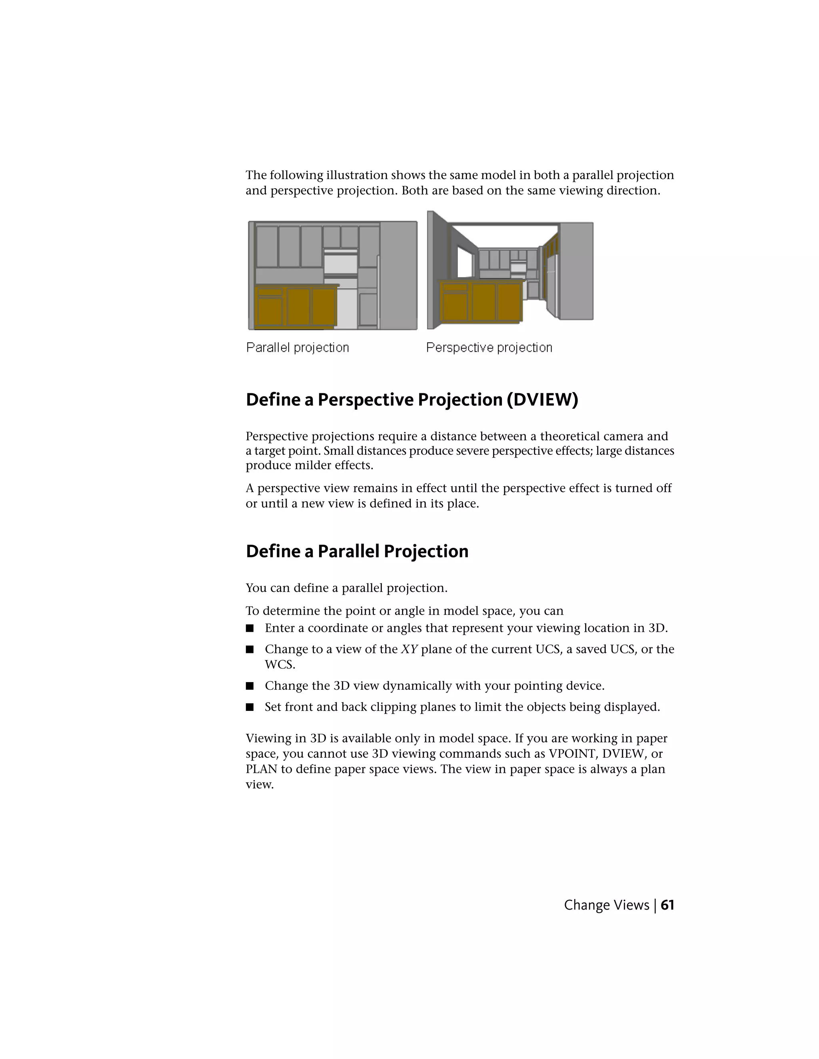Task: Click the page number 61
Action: pos(667,905)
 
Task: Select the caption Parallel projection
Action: pos(298,348)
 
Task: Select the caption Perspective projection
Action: pos(489,348)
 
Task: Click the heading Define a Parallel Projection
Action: pos(357,551)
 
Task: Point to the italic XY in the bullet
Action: pos(409,649)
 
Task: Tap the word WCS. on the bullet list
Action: pos(280,665)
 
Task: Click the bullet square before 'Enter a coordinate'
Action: pos(250,629)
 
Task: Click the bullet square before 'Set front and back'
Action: pos(250,707)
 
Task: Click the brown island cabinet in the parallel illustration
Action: pos(296,307)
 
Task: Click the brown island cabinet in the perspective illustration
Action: pos(480,302)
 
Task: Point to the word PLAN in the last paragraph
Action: pos(261,769)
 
